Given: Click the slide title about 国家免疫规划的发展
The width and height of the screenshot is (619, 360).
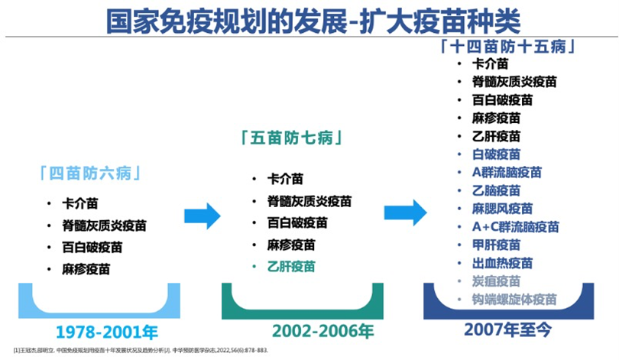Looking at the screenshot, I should pos(309,21).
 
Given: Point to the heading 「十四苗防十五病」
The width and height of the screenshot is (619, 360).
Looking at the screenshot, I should pos(510,45).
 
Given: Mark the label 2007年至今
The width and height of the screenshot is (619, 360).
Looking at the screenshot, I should pos(508,329).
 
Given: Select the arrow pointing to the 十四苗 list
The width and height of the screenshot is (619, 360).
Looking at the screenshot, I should pos(404,212).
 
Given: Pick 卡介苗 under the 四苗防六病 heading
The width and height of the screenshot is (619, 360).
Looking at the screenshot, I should pos(80,204).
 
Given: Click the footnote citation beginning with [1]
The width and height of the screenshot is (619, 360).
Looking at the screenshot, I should pos(141,351).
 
